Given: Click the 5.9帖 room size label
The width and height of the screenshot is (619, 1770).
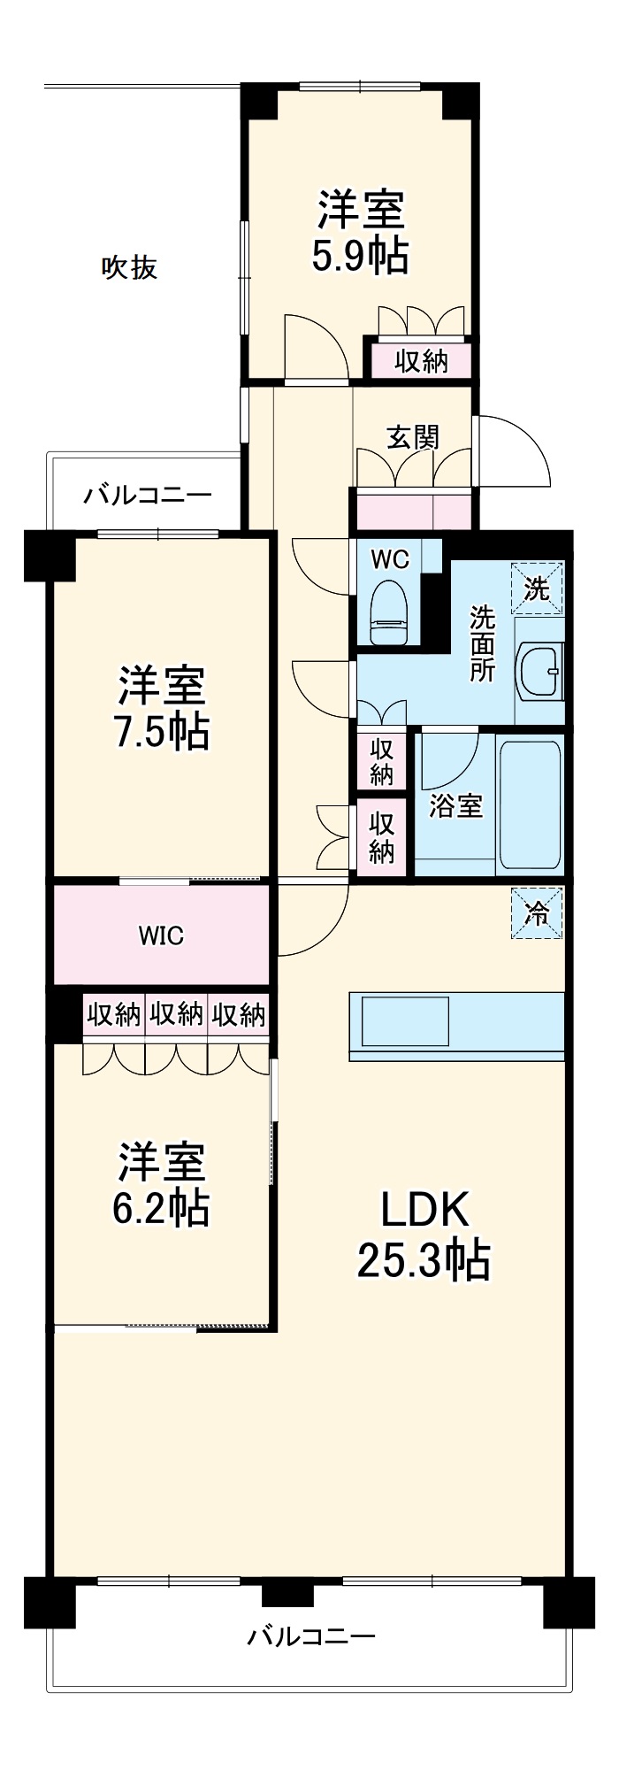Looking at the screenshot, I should (361, 257).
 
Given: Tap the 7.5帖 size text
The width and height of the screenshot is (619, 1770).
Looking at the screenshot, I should (162, 731).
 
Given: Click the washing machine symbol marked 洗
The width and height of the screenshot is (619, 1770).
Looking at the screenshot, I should (537, 588).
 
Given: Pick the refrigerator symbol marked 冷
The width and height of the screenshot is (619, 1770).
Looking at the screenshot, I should (537, 913).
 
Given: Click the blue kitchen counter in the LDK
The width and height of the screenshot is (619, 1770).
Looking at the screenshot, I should (456, 1026).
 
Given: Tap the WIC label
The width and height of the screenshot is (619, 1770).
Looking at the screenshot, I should (161, 935).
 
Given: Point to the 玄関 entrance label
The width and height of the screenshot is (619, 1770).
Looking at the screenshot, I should (413, 436).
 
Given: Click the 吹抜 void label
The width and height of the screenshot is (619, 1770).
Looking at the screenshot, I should (130, 266).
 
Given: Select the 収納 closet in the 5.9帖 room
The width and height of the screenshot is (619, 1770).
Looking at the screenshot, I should (421, 361).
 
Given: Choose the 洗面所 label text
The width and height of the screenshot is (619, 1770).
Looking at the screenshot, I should (482, 643).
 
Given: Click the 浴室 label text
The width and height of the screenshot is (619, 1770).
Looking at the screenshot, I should (455, 806).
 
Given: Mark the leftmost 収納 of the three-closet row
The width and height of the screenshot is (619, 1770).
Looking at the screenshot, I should (114, 1014).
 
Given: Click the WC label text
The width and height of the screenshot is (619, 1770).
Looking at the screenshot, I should (390, 559).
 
